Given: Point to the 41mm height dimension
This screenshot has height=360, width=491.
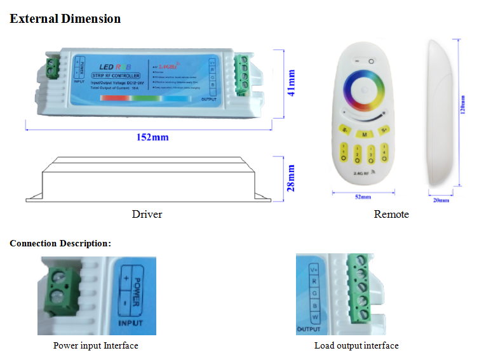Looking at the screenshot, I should coord(292,83).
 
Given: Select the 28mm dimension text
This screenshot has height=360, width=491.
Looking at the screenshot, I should coord(292,178).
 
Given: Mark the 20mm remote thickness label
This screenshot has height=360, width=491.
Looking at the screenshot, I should coord(441,201).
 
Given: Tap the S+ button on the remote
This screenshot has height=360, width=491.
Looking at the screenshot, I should coord(384,130).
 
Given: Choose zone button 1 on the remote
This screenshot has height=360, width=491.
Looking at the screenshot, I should coord(344,153).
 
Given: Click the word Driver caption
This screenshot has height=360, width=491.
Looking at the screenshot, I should coord(147,214).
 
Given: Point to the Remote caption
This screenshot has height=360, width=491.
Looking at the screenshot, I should coord(391,214).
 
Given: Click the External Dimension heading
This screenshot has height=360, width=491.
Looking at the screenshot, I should coord(65,18).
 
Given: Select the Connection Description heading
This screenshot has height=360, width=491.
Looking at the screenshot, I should coord(60,243).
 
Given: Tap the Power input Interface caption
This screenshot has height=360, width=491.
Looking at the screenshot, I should coord(95,345).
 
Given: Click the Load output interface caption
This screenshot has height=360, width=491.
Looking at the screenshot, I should coord(356,345).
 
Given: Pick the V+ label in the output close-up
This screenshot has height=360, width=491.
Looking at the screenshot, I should coord(313,269).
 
